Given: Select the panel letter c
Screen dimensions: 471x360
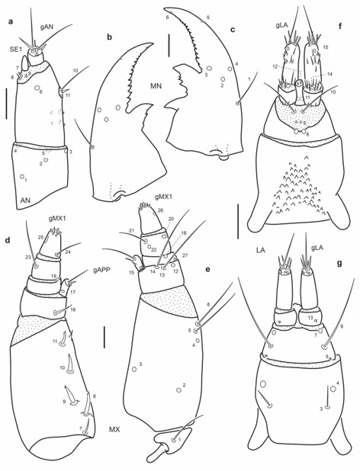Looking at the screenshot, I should click(x=231, y=30).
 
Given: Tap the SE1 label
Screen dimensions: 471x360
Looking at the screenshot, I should click(x=14, y=50).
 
